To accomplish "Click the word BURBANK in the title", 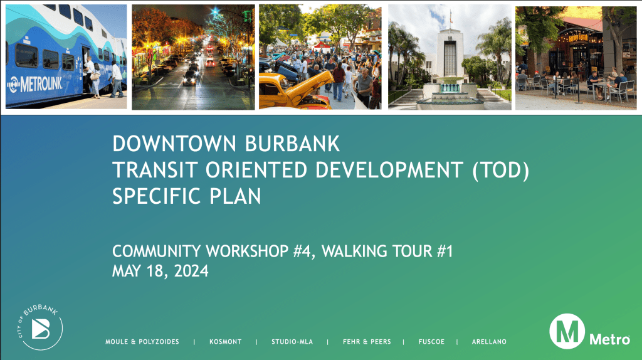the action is point(292,144).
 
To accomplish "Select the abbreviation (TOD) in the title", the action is point(501,170).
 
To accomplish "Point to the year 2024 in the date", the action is point(191,271).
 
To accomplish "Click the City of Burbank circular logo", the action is point(40,327).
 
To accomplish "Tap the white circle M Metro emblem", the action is point(567,331).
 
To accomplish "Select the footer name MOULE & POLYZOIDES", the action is point(142,342).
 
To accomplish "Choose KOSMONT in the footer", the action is point(226,342).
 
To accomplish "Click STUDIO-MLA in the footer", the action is point(292,342).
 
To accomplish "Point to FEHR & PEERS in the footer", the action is point(367,342).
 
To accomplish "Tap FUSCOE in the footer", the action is point(431,342).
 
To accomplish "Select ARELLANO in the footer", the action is point(489,342).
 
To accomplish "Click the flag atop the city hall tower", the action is point(451,17).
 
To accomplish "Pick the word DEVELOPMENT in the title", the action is point(389,170).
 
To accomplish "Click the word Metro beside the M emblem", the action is point(609,339).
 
